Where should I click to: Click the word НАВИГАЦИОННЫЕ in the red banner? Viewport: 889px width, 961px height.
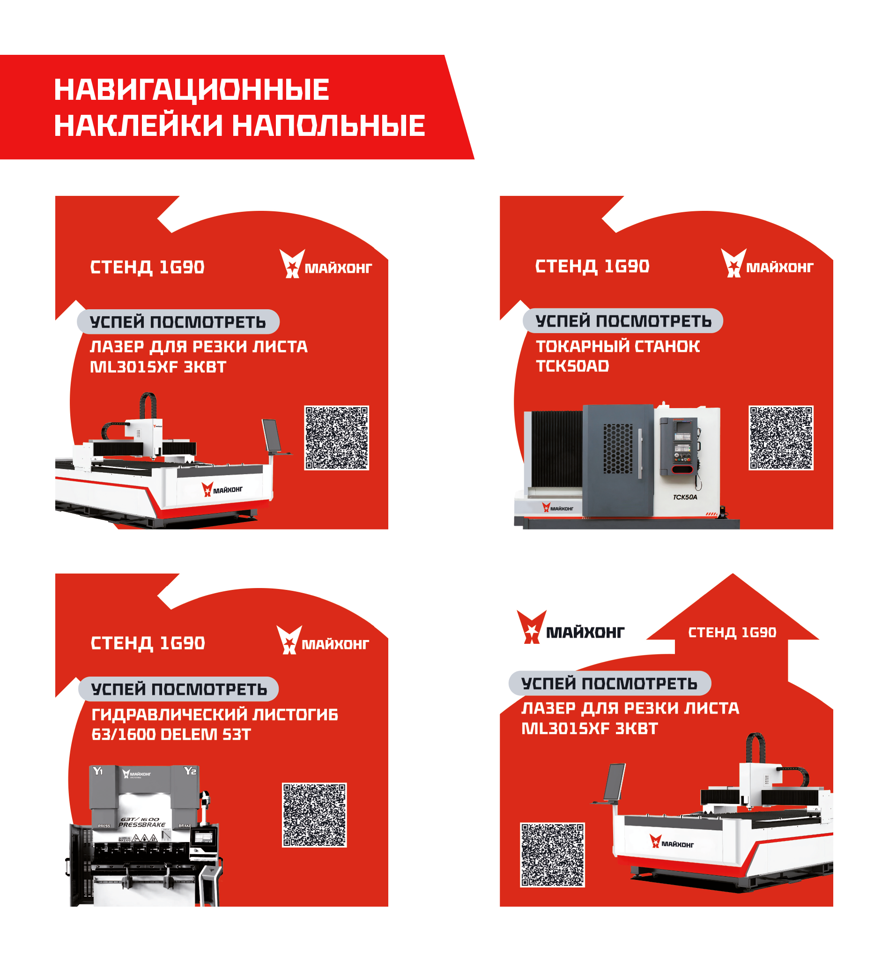click(x=192, y=89)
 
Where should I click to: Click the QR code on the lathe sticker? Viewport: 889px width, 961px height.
click(x=781, y=438)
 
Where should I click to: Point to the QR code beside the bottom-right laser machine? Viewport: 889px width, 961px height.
click(x=552, y=854)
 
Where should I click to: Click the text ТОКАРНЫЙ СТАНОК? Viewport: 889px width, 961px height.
click(x=618, y=346)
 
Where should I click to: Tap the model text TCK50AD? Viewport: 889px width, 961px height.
click(x=572, y=366)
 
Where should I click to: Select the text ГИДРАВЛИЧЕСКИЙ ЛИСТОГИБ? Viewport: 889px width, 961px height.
click(x=215, y=714)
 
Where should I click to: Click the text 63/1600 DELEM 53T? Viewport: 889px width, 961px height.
click(x=171, y=734)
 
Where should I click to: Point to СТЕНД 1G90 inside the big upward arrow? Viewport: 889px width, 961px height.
click(x=732, y=633)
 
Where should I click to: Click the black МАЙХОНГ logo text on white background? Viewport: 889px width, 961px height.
click(x=585, y=633)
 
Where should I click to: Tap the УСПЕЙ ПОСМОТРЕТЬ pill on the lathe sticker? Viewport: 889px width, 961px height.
click(x=623, y=320)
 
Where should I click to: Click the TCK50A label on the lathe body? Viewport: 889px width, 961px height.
click(x=685, y=497)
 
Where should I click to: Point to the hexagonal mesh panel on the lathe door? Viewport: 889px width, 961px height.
click(x=618, y=449)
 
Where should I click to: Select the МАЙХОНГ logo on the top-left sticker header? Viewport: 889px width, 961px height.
click(x=326, y=264)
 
